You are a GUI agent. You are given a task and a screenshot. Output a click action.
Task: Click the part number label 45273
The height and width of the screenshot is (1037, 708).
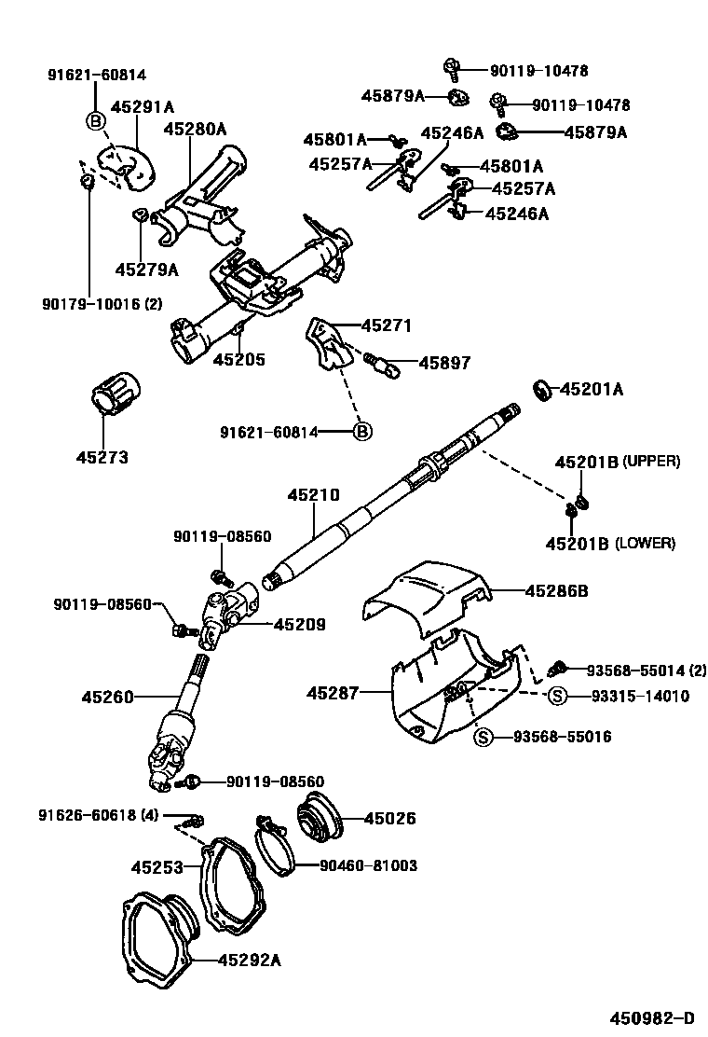tap(102, 458)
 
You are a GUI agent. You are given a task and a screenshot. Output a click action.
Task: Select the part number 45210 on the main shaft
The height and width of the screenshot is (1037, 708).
tap(314, 495)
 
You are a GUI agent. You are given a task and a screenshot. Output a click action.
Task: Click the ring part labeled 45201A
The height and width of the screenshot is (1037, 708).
tap(541, 389)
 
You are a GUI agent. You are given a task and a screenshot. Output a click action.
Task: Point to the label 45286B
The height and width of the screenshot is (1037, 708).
tap(556, 590)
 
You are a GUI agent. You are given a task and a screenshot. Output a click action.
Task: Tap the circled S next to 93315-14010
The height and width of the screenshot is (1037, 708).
tap(556, 696)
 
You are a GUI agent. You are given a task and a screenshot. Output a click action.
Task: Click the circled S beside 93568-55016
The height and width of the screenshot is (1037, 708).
tap(483, 737)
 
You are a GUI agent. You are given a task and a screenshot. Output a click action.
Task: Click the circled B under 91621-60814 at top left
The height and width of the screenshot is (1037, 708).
tap(95, 119)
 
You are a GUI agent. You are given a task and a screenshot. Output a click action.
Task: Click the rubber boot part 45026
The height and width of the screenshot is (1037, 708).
tap(320, 818)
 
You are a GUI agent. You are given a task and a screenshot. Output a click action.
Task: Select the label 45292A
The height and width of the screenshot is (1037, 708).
tap(249, 959)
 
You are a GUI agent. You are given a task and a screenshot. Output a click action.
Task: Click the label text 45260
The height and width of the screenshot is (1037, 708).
tap(108, 697)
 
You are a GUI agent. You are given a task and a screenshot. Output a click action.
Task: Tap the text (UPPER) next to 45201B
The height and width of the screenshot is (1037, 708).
tap(651, 462)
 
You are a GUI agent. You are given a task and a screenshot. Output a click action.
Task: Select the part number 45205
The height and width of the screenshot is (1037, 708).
tap(239, 359)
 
